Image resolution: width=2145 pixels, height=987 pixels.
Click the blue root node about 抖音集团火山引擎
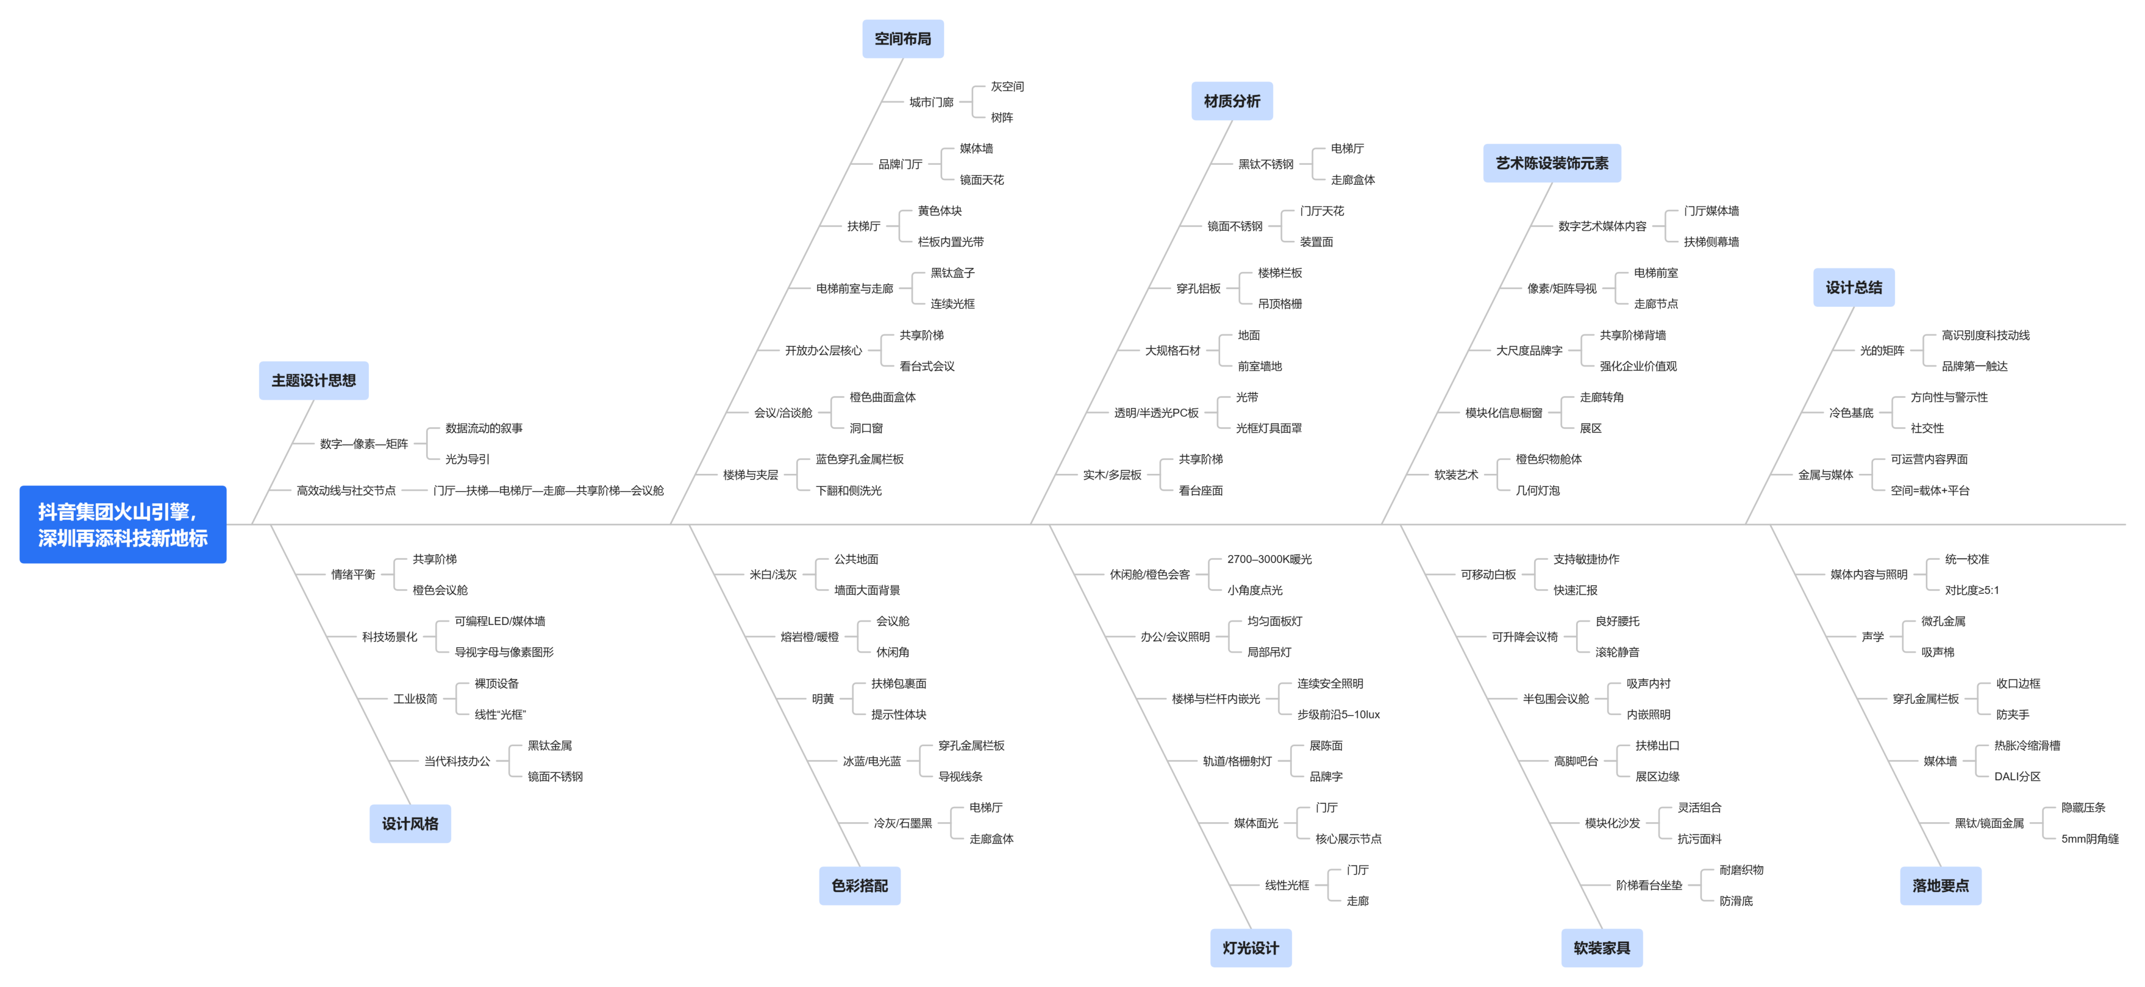click(122, 525)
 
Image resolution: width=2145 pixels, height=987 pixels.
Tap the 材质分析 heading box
click(1232, 101)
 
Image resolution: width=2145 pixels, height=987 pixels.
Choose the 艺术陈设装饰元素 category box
click(1551, 163)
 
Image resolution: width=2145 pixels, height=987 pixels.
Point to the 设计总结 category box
click(1853, 287)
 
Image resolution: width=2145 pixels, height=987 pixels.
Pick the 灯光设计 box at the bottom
click(1250, 948)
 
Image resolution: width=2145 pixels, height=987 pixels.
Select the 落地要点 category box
click(1940, 885)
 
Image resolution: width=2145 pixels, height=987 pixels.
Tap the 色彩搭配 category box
click(859, 885)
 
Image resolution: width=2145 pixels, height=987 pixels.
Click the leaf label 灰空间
click(1007, 86)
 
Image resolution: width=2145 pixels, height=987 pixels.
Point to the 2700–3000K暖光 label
click(1269, 559)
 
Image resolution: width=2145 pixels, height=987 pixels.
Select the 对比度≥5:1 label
click(1971, 590)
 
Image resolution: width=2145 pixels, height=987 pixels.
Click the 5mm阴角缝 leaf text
click(2089, 839)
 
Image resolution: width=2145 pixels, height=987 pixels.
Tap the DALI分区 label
click(2017, 777)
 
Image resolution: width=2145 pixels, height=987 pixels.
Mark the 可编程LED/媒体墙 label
click(500, 622)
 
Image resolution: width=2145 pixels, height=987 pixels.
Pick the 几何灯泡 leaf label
click(1537, 491)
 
